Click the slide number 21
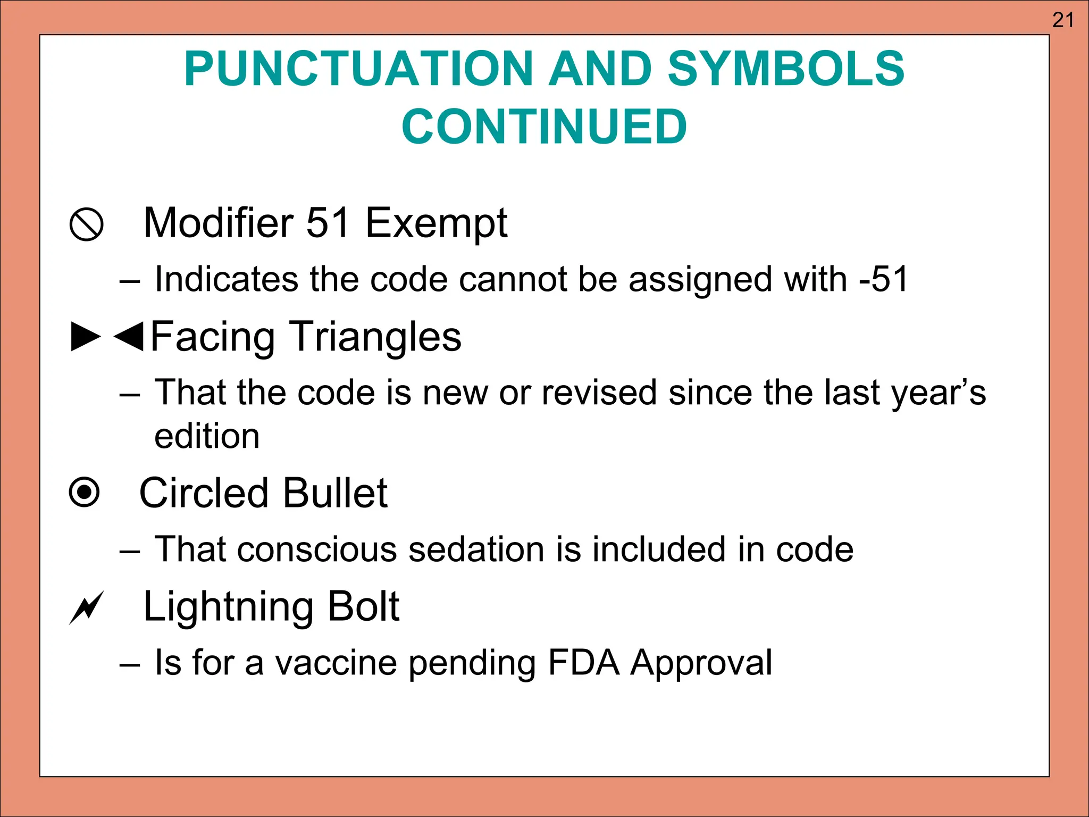1063,20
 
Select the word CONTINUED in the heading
544,127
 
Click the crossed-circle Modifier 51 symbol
86,224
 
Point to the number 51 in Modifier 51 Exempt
328,222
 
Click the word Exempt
436,223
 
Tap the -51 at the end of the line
883,279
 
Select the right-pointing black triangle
86,337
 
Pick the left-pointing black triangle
129,337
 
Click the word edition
207,436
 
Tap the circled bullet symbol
85,493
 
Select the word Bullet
335,493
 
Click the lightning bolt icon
86,607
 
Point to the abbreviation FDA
583,663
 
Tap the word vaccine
336,663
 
